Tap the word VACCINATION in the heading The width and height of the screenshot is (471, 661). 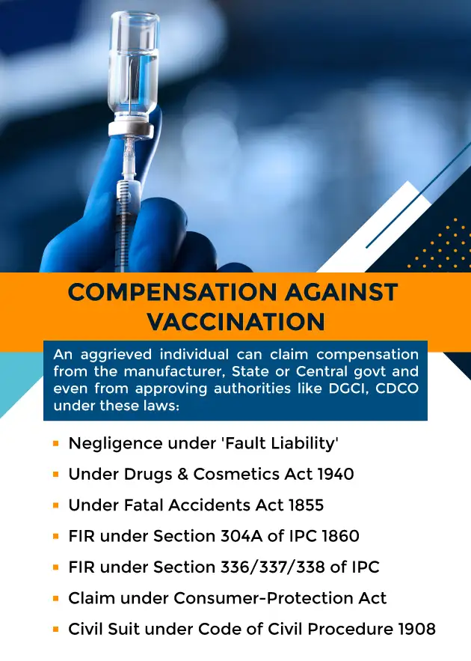pyautogui.click(x=235, y=321)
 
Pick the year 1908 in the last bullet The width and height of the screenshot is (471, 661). pyautogui.click(x=416, y=628)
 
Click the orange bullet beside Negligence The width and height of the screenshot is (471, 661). pyautogui.click(x=56, y=444)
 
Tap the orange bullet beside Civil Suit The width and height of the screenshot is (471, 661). pyautogui.click(x=56, y=629)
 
